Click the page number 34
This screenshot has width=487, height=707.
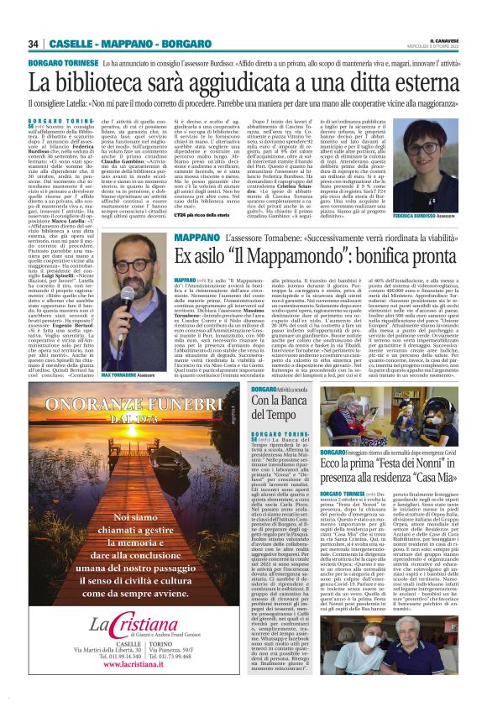(34, 44)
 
